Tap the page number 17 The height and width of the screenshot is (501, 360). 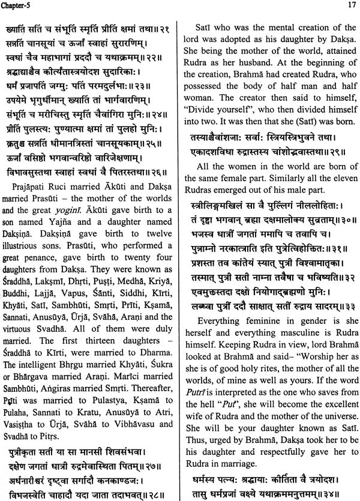pyautogui.click(x=349, y=5)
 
